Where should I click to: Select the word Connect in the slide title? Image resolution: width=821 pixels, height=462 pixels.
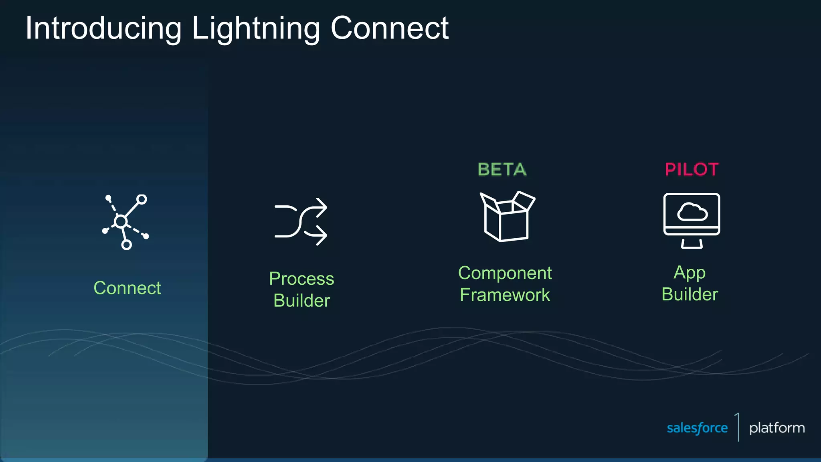tap(389, 28)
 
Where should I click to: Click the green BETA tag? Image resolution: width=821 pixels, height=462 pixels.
tap(502, 170)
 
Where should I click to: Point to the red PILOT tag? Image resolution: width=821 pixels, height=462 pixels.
tap(692, 170)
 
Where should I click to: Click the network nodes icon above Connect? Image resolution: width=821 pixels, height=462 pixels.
tap(125, 222)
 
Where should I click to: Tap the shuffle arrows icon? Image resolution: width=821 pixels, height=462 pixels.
tap(301, 221)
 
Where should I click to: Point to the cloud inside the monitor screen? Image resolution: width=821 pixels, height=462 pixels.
tap(692, 212)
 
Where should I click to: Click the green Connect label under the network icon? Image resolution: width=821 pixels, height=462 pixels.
tap(127, 288)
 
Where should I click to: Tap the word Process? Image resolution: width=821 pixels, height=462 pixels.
tap(301, 279)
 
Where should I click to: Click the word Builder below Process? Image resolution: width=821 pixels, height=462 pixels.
tap(301, 300)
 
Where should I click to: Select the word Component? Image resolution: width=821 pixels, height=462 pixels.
tap(505, 273)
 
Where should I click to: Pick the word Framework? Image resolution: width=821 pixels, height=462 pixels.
tap(505, 295)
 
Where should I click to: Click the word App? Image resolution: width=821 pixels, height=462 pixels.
tap(690, 273)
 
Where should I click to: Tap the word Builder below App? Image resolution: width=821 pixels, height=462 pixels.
tap(690, 294)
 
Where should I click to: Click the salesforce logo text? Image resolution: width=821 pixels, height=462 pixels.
tap(697, 428)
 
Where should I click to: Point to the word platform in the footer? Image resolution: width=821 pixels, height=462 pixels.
tap(777, 428)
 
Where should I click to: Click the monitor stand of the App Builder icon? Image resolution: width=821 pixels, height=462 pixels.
tap(692, 243)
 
